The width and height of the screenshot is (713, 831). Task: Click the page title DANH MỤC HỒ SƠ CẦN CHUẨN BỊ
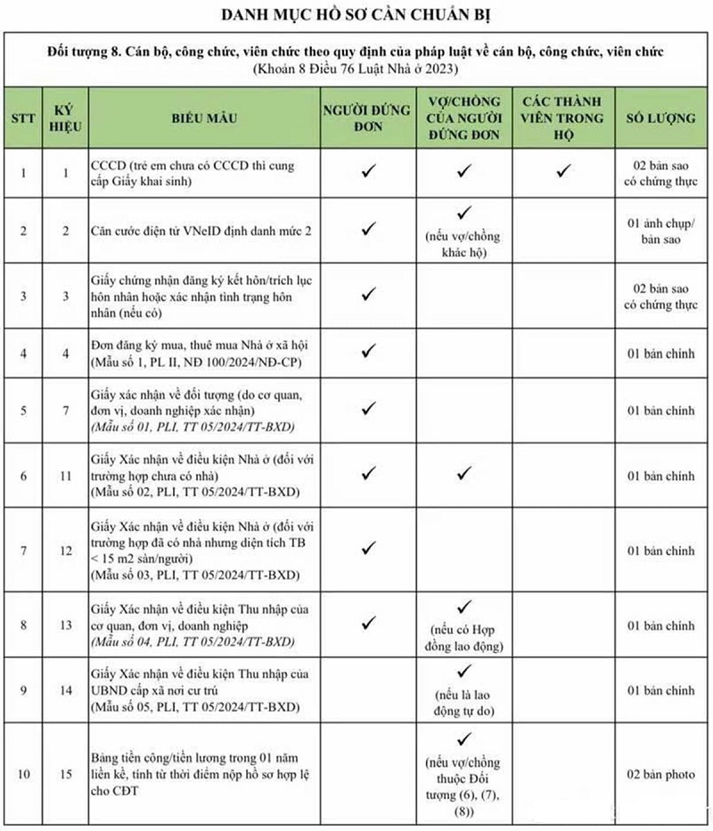coord(356,15)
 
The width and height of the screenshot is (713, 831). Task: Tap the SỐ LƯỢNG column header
coord(660,118)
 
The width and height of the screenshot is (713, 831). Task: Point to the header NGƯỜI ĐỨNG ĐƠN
coord(368,118)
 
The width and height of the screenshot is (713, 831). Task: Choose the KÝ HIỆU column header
coord(64,118)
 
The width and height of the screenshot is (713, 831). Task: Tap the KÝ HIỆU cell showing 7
coord(64,411)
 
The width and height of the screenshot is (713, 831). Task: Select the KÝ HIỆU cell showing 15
coord(64,774)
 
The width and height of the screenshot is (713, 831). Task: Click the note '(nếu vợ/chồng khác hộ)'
coord(463,243)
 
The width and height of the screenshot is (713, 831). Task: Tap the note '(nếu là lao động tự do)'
coord(463,703)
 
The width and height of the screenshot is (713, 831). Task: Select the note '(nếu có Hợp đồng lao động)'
coord(463,638)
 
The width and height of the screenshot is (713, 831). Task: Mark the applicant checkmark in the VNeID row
coord(368,230)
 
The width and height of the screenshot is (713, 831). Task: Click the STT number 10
coord(23,774)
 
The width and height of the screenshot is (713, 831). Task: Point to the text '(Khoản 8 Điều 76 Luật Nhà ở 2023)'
coord(356,69)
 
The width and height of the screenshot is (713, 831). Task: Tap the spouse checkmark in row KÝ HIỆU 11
coord(463,474)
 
